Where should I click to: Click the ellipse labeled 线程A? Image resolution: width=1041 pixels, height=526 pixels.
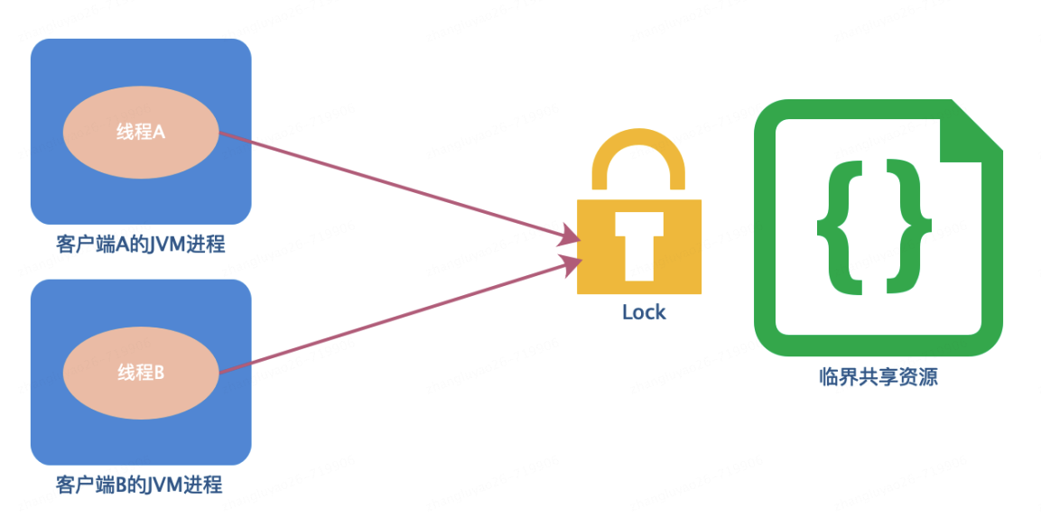pyautogui.click(x=140, y=132)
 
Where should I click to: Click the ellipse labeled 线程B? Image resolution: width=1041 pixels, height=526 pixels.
pyautogui.click(x=140, y=372)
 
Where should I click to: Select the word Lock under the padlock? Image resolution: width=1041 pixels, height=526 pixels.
pyautogui.click(x=644, y=312)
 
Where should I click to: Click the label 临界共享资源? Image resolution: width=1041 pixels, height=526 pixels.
pyautogui.click(x=878, y=377)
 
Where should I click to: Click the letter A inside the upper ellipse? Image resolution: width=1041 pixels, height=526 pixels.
pyautogui.click(x=159, y=132)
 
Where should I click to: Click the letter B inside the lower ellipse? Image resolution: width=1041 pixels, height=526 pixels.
pyautogui.click(x=159, y=372)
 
